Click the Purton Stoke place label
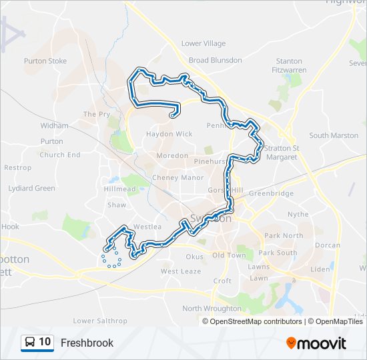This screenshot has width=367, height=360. coord(45,61)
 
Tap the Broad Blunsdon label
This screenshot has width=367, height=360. coord(215,60)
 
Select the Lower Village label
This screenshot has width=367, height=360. coord(204,43)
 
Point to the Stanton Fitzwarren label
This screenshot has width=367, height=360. coord(288,65)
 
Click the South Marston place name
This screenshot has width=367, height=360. coord(334,135)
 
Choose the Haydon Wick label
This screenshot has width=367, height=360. coord(169,134)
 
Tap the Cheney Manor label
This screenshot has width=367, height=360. coord(178,178)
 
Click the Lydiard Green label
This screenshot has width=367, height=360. coord(31,188)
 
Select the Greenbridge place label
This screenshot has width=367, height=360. coord(271,193)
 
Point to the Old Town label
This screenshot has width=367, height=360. coord(229,255)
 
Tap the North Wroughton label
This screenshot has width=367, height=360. coord(212,309)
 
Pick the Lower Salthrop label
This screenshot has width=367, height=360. coord(100,321)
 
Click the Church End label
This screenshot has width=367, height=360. coord(60,155)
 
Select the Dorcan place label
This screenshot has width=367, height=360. coord(327,245)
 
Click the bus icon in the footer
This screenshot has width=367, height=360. coord(29,343)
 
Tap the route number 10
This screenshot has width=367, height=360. coord(45,343)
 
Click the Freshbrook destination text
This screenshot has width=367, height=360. coord(87,343)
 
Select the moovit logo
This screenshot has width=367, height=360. coord(316,343)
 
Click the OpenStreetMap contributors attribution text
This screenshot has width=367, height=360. coord(256,321)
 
